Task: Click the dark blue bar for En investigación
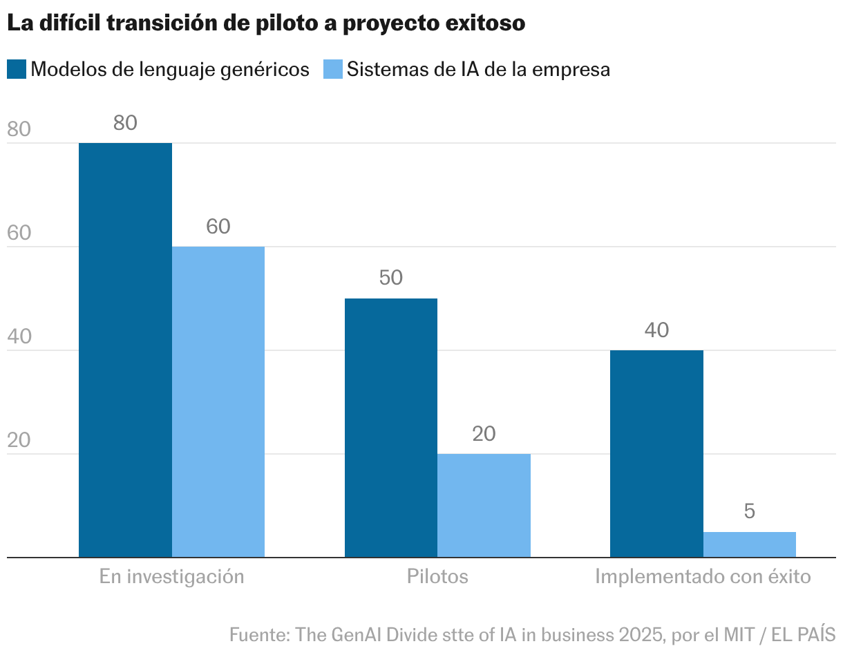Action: (x=125, y=350)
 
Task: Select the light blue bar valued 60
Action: (x=218, y=401)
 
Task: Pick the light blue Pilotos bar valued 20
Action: (x=484, y=505)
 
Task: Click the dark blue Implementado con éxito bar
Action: (x=656, y=453)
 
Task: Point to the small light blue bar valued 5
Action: (x=749, y=544)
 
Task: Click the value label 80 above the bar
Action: (x=125, y=124)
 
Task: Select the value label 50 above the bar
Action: (x=390, y=278)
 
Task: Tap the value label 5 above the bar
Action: (x=749, y=512)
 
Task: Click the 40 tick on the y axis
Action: (x=19, y=337)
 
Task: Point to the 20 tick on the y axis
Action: (x=19, y=441)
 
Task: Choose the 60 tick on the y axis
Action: (x=19, y=234)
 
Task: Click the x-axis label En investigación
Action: (x=171, y=576)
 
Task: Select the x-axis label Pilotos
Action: (x=437, y=576)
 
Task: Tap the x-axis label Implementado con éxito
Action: (x=703, y=576)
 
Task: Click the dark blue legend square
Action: (x=17, y=69)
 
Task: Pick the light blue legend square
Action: (x=333, y=69)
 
